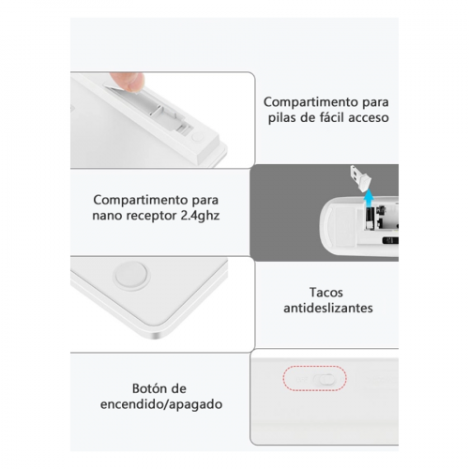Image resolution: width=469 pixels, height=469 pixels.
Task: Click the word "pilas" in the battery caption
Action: click(283, 118)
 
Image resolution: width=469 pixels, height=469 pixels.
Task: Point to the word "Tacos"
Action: click(326, 293)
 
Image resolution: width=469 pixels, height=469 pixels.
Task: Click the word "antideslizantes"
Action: click(328, 308)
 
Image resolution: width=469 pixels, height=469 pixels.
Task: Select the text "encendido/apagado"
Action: click(161, 404)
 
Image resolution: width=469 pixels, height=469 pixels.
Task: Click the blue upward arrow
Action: click(370, 198)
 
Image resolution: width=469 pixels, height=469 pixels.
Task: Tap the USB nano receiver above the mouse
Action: click(361, 176)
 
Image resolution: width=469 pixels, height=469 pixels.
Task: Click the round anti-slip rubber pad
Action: click(131, 275)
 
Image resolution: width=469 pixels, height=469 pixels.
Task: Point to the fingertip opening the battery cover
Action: click(132, 83)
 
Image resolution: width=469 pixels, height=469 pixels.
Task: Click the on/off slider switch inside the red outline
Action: click(324, 380)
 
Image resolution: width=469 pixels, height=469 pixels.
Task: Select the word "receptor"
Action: click(150, 216)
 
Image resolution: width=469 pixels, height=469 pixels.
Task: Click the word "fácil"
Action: click(331, 118)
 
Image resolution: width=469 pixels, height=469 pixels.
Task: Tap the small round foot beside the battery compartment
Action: click(197, 137)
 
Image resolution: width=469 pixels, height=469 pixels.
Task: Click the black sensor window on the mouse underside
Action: click(390, 240)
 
